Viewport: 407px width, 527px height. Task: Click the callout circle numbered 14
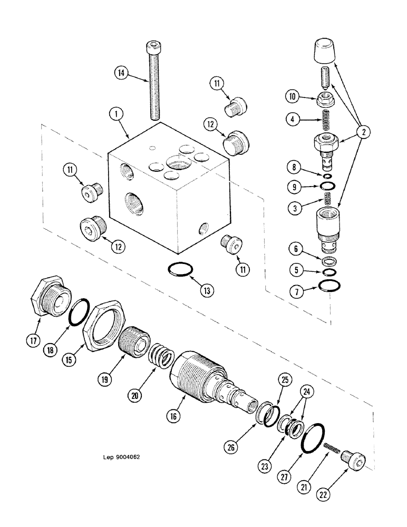coord(121,74)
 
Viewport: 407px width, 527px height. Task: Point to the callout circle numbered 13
coord(203,290)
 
